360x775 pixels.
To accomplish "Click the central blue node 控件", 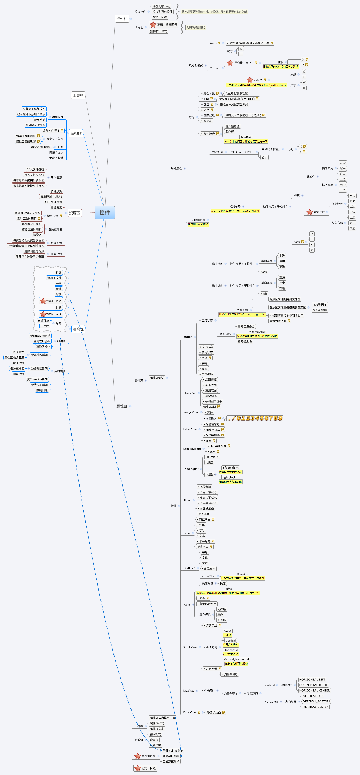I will tap(104, 212).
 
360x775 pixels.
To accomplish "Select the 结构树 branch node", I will tap(76, 133).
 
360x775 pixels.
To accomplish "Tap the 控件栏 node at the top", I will tap(122, 19).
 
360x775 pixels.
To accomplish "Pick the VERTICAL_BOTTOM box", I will tap(316, 701).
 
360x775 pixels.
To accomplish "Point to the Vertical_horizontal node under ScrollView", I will tap(236, 659).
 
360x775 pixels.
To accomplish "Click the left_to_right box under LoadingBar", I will tap(230, 468).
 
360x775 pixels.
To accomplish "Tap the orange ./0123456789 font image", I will tap(255, 418).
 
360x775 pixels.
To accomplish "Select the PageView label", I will tap(190, 712).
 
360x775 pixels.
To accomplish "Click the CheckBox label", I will tap(190, 393).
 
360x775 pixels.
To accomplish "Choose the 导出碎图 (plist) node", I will tap(51, 197).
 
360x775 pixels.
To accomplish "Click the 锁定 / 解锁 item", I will tap(56, 158).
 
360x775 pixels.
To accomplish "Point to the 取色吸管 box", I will tap(246, 137).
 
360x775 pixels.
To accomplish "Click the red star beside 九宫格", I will tap(250, 80).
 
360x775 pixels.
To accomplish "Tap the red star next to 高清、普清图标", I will tap(153, 25).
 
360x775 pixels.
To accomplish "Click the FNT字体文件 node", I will tap(218, 446).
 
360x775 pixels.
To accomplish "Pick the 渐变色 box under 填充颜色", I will tap(222, 620).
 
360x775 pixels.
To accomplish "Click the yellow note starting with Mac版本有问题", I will tap(246, 141).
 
